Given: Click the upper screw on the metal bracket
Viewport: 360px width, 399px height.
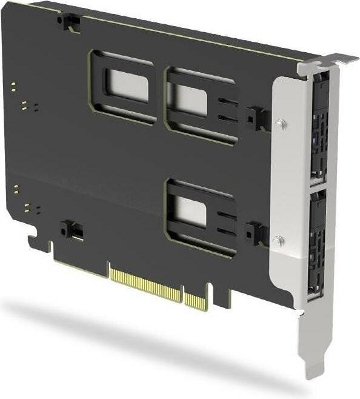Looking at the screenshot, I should point(280,124).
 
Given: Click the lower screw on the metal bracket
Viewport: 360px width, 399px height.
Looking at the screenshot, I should point(278,241).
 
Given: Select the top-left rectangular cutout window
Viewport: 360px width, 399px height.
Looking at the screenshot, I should point(126,85).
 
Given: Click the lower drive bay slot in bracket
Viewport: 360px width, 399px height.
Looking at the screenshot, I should point(317,243).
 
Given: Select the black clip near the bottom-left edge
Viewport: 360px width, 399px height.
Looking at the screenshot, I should point(72,230).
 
